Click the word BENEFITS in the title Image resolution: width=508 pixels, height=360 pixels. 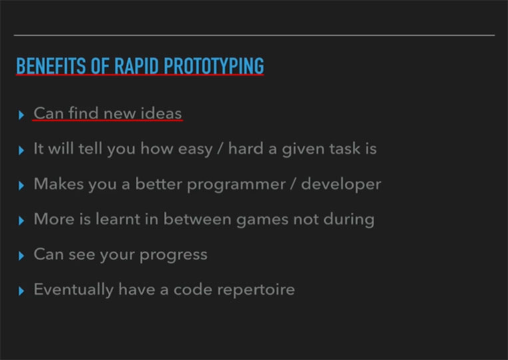pyautogui.click(x=51, y=66)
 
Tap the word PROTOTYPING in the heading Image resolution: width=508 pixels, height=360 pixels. pyautogui.click(x=214, y=66)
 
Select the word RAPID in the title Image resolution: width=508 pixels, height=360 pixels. pyautogui.click(x=136, y=66)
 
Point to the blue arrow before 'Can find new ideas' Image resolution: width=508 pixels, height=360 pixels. pyautogui.click(x=21, y=115)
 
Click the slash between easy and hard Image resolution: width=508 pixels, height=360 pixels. pyautogui.click(x=220, y=149)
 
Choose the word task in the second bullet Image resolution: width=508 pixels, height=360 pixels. pyautogui.click(x=344, y=148)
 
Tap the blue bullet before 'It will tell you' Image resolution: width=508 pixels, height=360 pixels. pyautogui.click(x=21, y=150)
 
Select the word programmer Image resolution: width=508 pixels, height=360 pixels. pyautogui.click(x=236, y=184)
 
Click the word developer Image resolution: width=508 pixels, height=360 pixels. pyautogui.click(x=341, y=184)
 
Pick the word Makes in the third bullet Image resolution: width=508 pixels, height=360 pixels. pyautogui.click(x=59, y=184)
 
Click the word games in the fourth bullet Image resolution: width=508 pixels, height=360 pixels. pyautogui.click(x=262, y=220)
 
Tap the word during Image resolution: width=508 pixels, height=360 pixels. pyautogui.click(x=349, y=219)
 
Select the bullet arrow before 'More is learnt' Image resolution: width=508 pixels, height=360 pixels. pyautogui.click(x=21, y=221)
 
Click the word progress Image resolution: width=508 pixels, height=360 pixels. pyautogui.click(x=173, y=255)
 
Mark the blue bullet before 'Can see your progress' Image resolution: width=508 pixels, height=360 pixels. pyautogui.click(x=21, y=256)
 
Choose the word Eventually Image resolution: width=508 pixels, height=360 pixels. pyautogui.click(x=73, y=289)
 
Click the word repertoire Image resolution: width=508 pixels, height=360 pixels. pyautogui.click(x=256, y=289)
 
